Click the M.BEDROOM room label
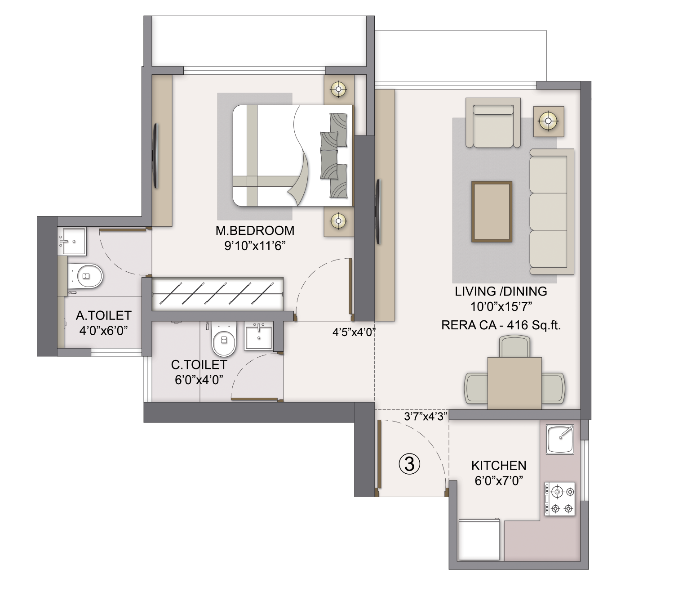click(x=255, y=230)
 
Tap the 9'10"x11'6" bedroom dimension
click(x=255, y=246)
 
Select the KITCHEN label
click(x=499, y=465)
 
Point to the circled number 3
click(x=409, y=464)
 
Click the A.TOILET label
click(x=103, y=315)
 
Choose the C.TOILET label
click(x=199, y=364)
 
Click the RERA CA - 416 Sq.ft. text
click(x=501, y=325)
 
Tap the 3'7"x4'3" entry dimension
click(x=425, y=417)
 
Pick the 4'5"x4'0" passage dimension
click(x=354, y=332)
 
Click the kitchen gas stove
click(x=560, y=498)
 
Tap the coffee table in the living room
click(x=492, y=211)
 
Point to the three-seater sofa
click(x=551, y=211)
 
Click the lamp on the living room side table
click(x=549, y=121)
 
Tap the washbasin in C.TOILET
click(x=258, y=336)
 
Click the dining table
click(x=514, y=383)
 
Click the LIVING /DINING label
click(x=501, y=292)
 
